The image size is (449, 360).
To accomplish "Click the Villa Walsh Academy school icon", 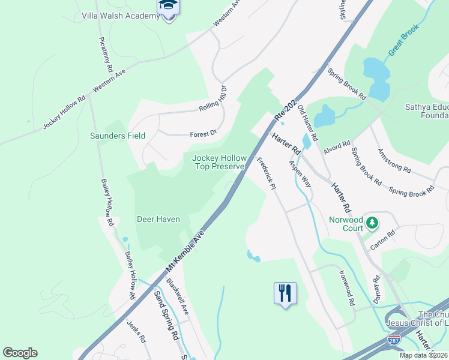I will coord(169,8).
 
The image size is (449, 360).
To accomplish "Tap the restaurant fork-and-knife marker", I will coord(285,293).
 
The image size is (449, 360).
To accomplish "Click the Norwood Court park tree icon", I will coord(373,223).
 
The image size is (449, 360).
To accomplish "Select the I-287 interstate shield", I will coord(394,340).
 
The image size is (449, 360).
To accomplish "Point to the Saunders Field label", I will coord(118,136).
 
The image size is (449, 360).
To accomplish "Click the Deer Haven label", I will coord(158,219).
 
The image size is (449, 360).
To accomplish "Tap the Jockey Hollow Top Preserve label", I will coord(218,163).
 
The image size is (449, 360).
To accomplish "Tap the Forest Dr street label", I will coord(203,134).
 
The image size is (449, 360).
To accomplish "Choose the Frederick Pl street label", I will coord(265,174).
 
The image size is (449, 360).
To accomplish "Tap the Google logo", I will coord(20,353).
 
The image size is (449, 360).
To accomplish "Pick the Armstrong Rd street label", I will coord(394,160).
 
